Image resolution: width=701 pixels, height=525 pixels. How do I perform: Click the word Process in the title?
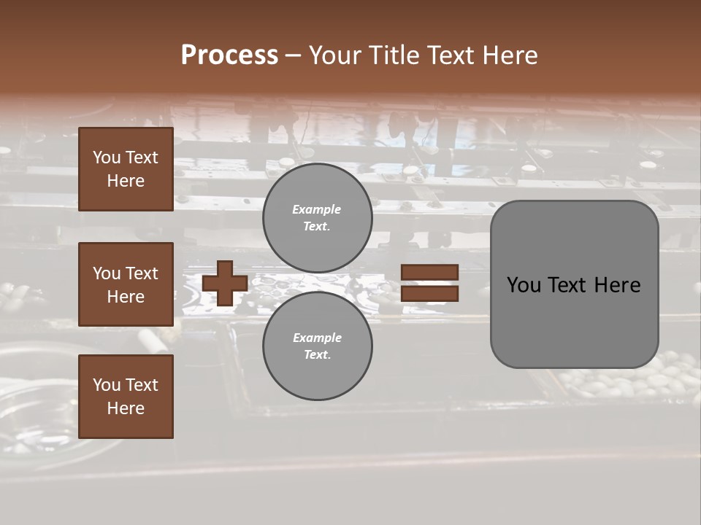coord(229,55)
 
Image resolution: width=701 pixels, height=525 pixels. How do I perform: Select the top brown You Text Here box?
coord(126,169)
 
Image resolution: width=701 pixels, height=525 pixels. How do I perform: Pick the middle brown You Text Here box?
coord(126,284)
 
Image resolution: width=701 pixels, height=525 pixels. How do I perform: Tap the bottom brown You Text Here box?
coord(126,397)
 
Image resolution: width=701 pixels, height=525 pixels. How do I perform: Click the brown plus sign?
coord(225,283)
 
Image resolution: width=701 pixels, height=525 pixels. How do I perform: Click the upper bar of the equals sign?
coord(430,272)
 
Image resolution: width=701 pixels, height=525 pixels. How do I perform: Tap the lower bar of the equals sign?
coord(430,294)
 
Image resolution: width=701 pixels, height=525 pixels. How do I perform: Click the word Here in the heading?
coord(509,55)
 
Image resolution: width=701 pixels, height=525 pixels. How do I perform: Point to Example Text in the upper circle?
coord(317,218)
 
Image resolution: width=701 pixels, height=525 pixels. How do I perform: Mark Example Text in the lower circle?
coord(317,346)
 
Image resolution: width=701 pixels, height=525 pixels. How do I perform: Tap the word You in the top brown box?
coord(106,157)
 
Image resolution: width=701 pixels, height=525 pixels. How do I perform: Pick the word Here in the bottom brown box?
coord(126,408)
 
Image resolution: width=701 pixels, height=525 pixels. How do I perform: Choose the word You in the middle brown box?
coord(106,273)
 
